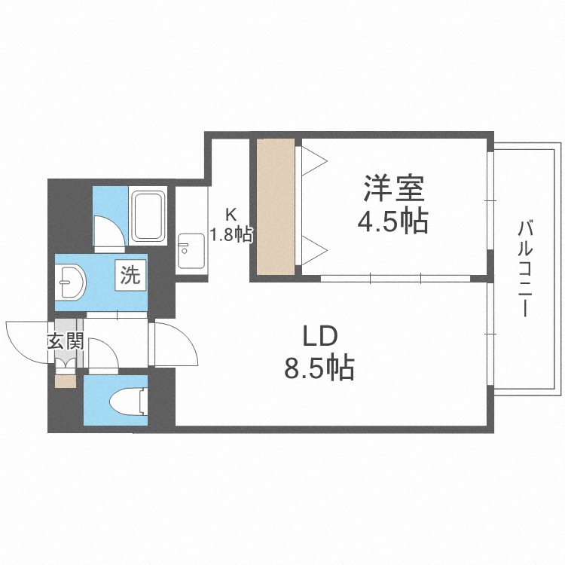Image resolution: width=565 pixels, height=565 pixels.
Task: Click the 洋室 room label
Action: (x=393, y=188)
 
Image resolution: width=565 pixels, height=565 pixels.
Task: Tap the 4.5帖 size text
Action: (x=392, y=221)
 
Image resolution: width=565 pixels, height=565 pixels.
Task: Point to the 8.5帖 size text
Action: (x=319, y=368)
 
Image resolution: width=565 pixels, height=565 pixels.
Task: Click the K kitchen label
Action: (x=231, y=215)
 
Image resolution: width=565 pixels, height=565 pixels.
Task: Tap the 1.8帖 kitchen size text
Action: (x=231, y=235)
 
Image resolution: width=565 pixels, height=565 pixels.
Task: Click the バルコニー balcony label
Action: (x=524, y=268)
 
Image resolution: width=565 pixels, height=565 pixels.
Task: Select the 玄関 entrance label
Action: (x=66, y=341)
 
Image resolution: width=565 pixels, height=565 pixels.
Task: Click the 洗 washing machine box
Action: (x=130, y=275)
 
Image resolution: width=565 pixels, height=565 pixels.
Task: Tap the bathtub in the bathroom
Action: (x=148, y=216)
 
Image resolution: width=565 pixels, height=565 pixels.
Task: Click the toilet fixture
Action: (x=128, y=401)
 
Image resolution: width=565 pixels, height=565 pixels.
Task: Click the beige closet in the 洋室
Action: (x=276, y=207)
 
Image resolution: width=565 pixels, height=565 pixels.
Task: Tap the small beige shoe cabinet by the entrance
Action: (x=66, y=382)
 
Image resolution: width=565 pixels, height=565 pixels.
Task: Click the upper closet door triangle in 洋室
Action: (x=314, y=160)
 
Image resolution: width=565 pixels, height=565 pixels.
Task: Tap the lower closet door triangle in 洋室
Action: (x=314, y=250)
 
